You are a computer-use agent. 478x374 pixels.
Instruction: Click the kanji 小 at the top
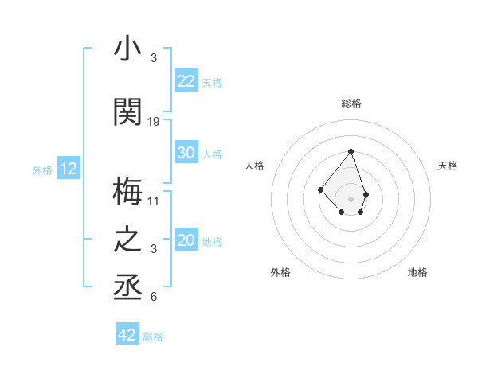tap(127, 49)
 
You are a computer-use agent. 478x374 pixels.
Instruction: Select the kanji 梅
tap(127, 191)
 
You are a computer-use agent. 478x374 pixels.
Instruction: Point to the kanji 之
tap(127, 240)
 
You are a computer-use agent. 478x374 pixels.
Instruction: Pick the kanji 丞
tap(127, 288)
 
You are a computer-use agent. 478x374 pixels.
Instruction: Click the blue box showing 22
tap(186, 81)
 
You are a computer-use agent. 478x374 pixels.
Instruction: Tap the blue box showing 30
tap(186, 153)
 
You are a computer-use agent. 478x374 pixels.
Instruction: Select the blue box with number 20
tap(186, 240)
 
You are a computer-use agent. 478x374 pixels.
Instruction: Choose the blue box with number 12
tap(69, 169)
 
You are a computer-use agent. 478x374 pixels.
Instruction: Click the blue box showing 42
tap(127, 335)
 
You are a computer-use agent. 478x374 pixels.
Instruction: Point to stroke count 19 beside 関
tap(154, 122)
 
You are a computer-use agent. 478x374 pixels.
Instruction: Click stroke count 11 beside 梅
tap(154, 201)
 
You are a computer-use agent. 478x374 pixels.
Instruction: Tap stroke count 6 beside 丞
tap(154, 298)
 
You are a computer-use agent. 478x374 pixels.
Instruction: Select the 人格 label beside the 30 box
tap(212, 154)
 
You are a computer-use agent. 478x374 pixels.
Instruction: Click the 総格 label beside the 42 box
tap(153, 337)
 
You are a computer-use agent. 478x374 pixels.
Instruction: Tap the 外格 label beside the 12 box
tap(42, 169)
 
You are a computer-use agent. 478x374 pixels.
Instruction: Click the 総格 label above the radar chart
tap(351, 103)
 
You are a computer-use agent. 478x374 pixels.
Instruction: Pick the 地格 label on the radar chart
tap(417, 272)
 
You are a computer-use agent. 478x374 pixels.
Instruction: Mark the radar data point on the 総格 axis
tap(351, 151)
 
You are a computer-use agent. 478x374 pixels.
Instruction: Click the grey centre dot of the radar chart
tap(351, 198)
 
